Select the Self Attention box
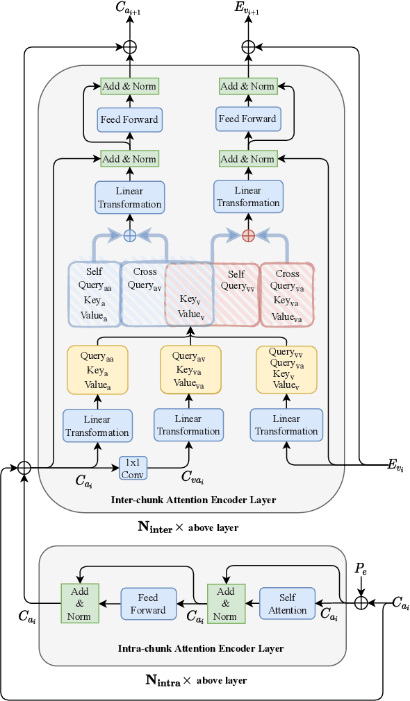coord(287,604)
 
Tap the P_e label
coord(360,568)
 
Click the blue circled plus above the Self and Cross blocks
coord(129,236)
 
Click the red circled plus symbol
coord(247,236)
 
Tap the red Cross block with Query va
coord(287,294)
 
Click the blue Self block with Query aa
coord(95,294)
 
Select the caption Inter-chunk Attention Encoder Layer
coord(194,500)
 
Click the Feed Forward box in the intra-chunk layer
coord(148,604)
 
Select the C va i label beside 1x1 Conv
coord(192,476)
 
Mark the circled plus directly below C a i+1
coord(129,47)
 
